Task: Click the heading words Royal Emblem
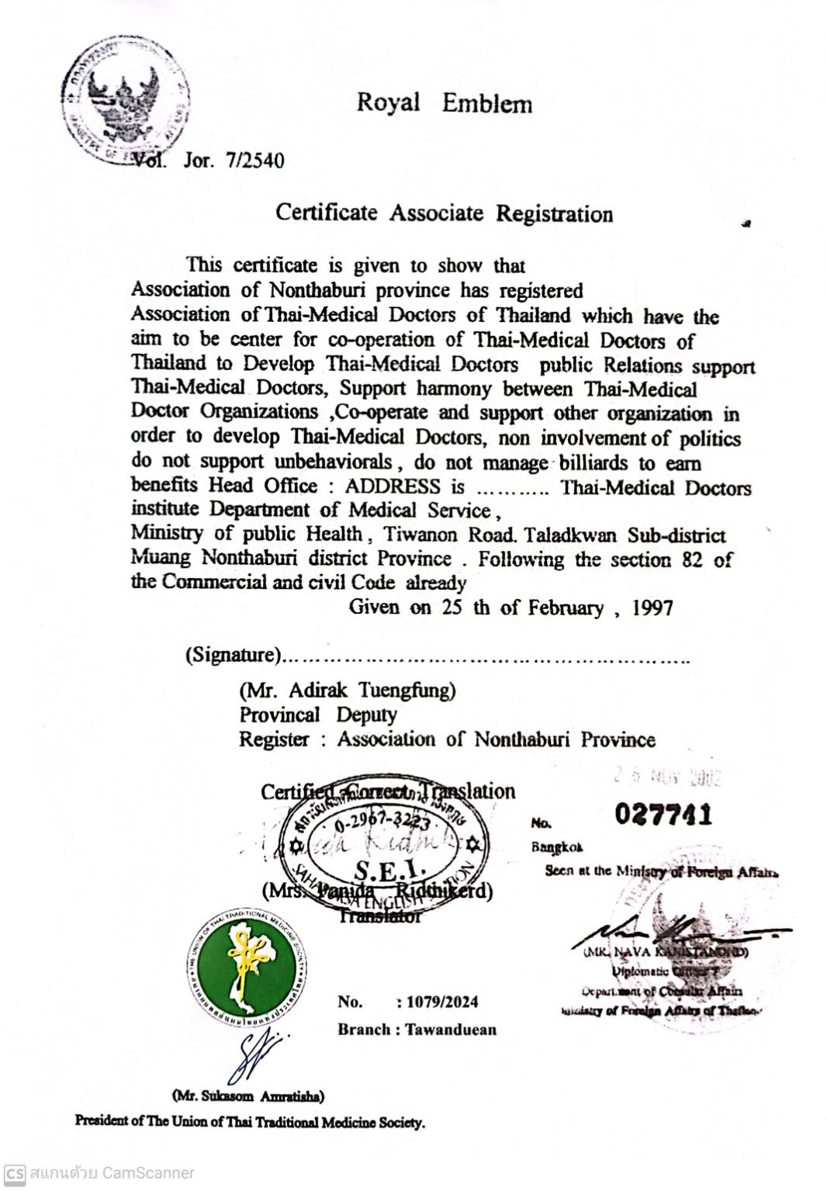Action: (444, 103)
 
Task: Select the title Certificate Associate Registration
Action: (444, 213)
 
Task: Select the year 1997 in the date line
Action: (652, 608)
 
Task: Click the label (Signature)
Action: (232, 656)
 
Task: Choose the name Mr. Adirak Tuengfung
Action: (347, 690)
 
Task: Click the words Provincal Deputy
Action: (317, 715)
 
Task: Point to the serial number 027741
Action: (663, 815)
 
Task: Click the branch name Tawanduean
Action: (451, 1030)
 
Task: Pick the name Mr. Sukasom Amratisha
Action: (247, 1096)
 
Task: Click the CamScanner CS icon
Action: (15, 1173)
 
